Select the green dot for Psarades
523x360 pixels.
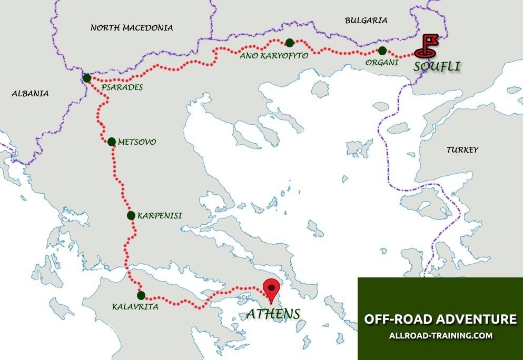[x=87, y=78]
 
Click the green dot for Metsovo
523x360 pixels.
[x=111, y=142]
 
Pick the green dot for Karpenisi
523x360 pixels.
[x=131, y=215]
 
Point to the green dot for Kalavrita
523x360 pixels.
[x=141, y=295]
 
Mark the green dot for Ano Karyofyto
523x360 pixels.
[x=289, y=43]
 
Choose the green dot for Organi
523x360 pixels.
[x=382, y=51]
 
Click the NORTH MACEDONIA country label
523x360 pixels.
[x=132, y=27]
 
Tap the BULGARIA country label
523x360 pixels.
[x=366, y=21]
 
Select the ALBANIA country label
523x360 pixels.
[x=30, y=94]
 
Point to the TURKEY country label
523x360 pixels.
[x=462, y=150]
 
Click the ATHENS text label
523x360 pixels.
[x=273, y=314]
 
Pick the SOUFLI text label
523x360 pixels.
[x=437, y=67]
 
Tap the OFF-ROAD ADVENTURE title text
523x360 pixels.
[x=440, y=319]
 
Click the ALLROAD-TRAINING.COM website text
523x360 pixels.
[x=440, y=335]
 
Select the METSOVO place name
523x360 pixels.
[x=137, y=142]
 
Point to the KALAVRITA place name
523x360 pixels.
[x=135, y=306]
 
